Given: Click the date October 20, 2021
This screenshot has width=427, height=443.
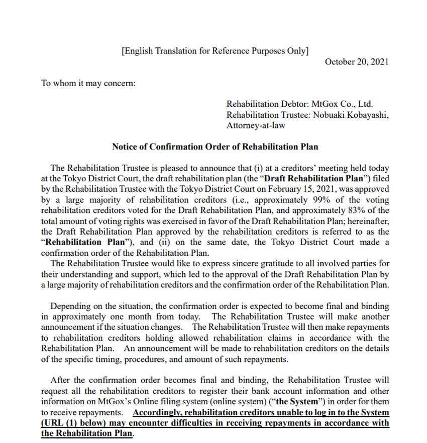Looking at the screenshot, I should pos(356,62).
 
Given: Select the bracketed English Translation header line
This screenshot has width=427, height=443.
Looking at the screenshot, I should pos(215,50).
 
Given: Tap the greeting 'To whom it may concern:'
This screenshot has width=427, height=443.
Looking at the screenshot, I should pos(88,84).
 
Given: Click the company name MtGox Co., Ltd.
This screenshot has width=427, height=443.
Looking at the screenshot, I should pos(342,104).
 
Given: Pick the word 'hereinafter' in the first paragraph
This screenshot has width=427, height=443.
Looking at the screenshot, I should pos(367,220).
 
